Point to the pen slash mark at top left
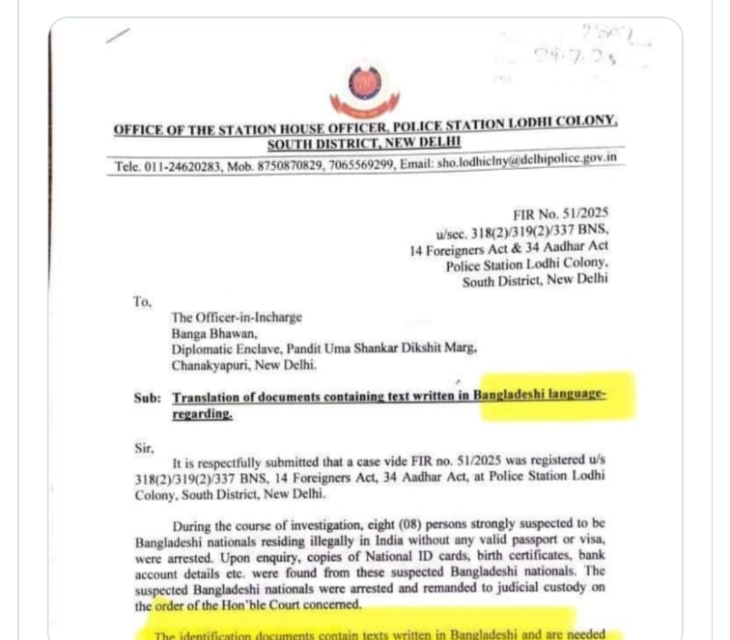(x=119, y=36)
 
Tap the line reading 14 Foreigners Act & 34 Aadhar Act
(x=510, y=249)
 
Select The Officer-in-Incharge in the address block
(x=237, y=317)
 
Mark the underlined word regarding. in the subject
(x=202, y=414)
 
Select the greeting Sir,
(x=144, y=447)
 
